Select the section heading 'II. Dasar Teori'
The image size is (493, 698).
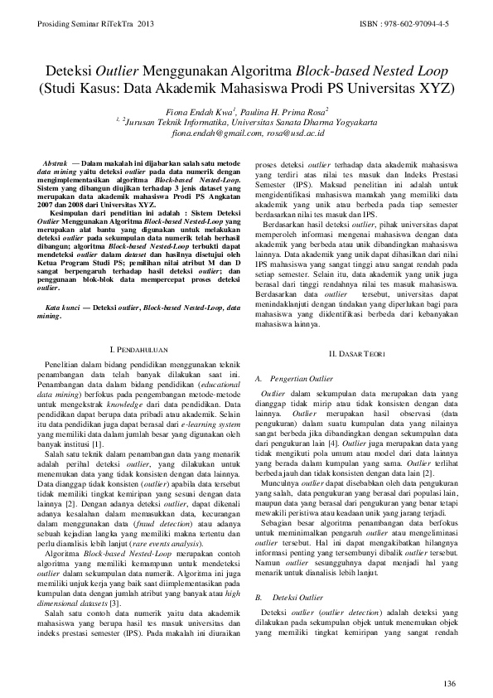pyautogui.click(x=354, y=354)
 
